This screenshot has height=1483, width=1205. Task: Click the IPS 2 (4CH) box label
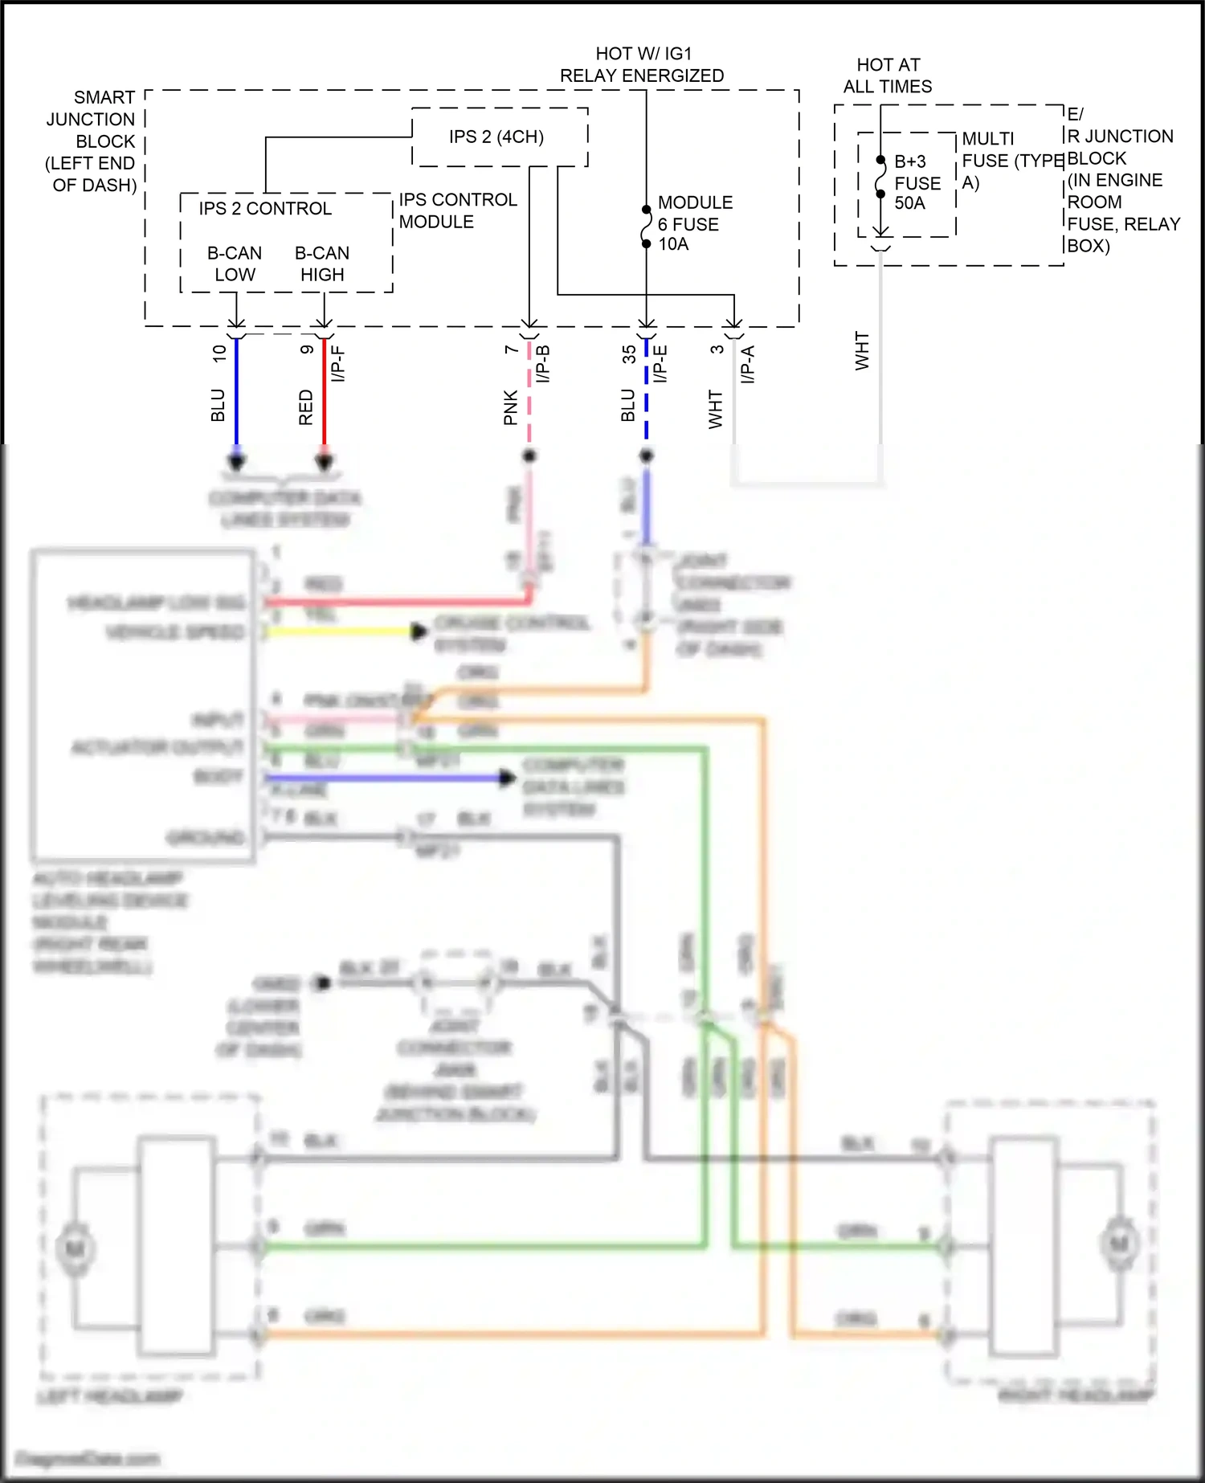(x=496, y=137)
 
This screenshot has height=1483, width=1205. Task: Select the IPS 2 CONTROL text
(x=265, y=209)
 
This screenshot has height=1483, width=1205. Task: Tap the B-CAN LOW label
(x=235, y=264)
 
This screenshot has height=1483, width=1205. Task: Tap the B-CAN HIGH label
(x=322, y=264)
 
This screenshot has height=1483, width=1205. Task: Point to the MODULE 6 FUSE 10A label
(x=694, y=224)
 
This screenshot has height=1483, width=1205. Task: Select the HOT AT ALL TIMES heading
(x=888, y=76)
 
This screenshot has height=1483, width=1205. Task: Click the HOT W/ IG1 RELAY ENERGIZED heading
(x=642, y=65)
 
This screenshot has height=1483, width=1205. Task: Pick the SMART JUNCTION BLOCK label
(x=92, y=141)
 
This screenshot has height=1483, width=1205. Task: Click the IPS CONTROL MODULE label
(x=457, y=210)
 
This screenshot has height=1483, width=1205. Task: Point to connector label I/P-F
(x=338, y=363)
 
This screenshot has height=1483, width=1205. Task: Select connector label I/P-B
(x=543, y=363)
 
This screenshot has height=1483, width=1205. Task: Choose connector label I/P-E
(x=660, y=363)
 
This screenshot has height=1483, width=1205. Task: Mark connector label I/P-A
(x=748, y=363)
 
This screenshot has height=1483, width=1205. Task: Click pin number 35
(x=629, y=354)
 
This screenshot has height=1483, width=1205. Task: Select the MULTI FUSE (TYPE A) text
(x=1011, y=161)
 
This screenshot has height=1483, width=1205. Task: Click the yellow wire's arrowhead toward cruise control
(x=419, y=631)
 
